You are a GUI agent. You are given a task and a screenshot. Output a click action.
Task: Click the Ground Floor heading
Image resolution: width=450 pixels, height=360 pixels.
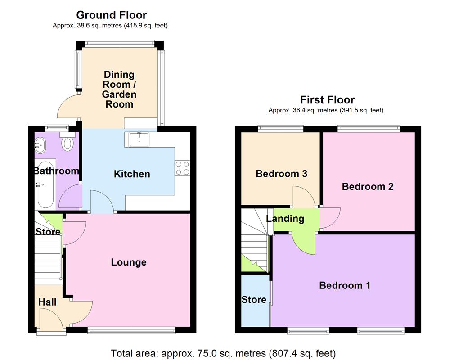111,15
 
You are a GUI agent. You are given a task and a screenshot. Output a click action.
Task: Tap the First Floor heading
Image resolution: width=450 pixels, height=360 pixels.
328,100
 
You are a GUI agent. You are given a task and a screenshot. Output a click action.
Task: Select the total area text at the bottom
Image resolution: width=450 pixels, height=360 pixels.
223,353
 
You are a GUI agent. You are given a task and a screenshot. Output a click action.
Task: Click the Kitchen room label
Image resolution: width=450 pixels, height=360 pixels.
132,174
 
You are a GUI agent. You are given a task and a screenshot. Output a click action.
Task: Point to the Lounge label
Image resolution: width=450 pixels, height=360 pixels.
129,262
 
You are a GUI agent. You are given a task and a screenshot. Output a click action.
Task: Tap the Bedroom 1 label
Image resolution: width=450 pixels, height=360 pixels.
345,285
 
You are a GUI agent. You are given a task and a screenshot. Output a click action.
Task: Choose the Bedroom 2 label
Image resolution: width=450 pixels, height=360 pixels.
368,186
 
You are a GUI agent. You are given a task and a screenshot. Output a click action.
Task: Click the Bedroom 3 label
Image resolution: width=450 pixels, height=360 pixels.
281,174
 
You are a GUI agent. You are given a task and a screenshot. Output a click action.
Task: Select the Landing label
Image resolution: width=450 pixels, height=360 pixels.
285,219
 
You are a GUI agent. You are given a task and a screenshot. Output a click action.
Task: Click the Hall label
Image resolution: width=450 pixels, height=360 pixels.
47,302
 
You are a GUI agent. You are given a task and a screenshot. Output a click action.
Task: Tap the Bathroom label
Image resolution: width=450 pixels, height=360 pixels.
56,171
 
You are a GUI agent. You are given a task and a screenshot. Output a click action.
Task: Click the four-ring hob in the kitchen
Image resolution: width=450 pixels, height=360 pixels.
182,168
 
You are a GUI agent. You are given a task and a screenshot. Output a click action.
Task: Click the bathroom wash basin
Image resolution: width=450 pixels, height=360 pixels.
40,144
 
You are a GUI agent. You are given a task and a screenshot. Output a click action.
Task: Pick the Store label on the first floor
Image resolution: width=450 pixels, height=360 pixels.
254,300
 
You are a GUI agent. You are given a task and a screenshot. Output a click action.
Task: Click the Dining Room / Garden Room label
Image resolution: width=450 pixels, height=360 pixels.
119,89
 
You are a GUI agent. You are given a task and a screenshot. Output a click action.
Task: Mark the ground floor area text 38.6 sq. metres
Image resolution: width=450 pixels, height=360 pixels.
110,26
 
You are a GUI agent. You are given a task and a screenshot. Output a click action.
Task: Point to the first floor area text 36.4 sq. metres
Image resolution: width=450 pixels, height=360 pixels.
326,110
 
